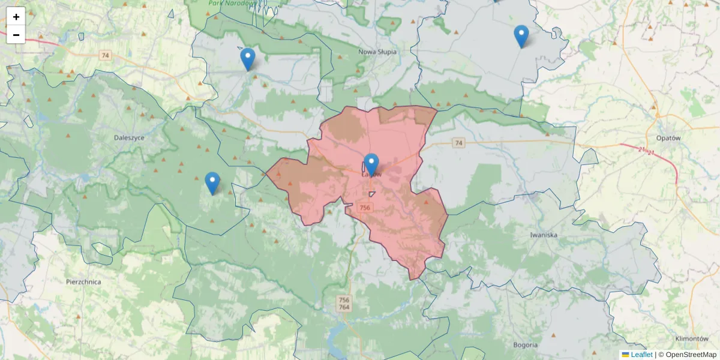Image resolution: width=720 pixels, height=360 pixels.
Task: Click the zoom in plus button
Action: [16, 17]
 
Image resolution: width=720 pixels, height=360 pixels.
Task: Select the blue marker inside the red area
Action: [371, 164]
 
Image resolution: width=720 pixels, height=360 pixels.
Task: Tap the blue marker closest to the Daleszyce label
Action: [212, 182]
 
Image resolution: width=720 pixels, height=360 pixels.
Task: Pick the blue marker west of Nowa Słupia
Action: [247, 58]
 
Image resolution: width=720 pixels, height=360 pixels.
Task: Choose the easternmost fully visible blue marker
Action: [521, 35]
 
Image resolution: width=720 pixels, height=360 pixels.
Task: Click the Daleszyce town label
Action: [129, 137]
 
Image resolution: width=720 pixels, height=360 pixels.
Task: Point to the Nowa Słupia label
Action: [377, 52]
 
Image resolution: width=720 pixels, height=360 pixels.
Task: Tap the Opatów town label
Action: [669, 137]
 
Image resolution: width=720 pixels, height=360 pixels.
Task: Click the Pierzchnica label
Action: [83, 281]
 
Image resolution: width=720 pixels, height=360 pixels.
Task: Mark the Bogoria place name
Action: [526, 345]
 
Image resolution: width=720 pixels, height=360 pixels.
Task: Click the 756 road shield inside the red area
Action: [365, 208]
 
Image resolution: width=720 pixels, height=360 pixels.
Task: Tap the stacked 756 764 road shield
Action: [344, 304]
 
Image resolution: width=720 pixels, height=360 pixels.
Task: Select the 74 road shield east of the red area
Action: [459, 143]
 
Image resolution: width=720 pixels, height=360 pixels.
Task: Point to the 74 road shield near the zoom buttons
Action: [106, 55]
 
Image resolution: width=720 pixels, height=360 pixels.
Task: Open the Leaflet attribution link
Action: [641, 355]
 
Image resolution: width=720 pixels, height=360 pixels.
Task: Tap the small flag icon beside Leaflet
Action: [625, 355]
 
